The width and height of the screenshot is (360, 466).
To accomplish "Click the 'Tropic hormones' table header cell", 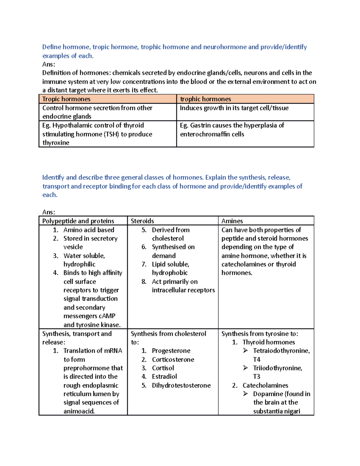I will point(66,99).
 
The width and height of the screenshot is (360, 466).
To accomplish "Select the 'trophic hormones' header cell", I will point(205,99).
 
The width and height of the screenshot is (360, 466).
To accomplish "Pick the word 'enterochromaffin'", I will point(205,134).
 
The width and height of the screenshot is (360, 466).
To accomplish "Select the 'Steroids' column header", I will point(142,221).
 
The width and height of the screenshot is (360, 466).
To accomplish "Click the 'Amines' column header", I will point(232,221).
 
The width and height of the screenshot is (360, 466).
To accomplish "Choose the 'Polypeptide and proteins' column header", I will point(78,221).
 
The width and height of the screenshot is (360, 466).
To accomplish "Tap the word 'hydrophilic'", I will point(79,264).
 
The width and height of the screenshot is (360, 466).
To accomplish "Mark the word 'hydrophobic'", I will point(169,272).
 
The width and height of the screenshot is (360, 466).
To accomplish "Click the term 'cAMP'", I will point(107,316).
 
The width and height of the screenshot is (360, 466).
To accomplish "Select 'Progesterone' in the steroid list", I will point(171,350).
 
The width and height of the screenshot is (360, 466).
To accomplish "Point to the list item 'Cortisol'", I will point(163,368).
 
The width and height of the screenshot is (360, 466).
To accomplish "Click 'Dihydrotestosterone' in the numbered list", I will point(181,385).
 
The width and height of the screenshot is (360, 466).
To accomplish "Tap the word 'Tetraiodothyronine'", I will point(281,350).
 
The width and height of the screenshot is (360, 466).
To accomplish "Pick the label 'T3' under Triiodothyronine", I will point(256,376).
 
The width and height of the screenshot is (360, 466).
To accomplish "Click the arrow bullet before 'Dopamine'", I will point(245,393).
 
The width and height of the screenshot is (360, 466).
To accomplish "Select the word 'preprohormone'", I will point(93,368).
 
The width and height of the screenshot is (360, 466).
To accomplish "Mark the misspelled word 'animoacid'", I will point(79,411).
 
